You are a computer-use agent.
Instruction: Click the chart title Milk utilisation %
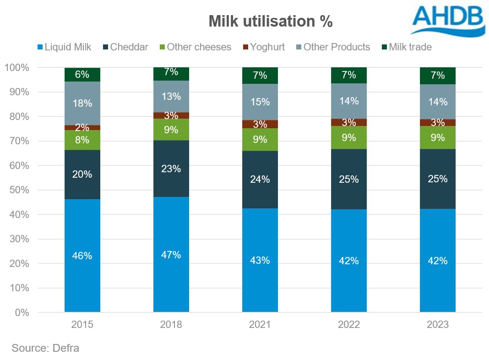(x=270, y=22)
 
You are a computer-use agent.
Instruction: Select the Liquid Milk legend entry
(x=65, y=47)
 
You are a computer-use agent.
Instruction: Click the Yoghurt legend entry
(x=264, y=47)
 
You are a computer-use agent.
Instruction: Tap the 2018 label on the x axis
(x=171, y=325)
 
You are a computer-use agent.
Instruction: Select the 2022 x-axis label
(x=349, y=325)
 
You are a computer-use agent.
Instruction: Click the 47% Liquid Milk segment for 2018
(x=171, y=255)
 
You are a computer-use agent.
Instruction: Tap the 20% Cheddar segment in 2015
(x=82, y=175)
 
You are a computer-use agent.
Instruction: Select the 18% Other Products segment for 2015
(x=82, y=104)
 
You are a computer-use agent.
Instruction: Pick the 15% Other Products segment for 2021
(x=260, y=102)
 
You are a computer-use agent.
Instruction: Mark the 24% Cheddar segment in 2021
(x=260, y=180)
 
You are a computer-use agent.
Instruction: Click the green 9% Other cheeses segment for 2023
(x=438, y=137)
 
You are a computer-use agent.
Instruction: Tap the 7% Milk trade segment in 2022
(x=349, y=75)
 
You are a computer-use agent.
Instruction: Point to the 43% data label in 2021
(x=260, y=260)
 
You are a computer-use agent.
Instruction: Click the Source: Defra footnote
(x=46, y=348)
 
